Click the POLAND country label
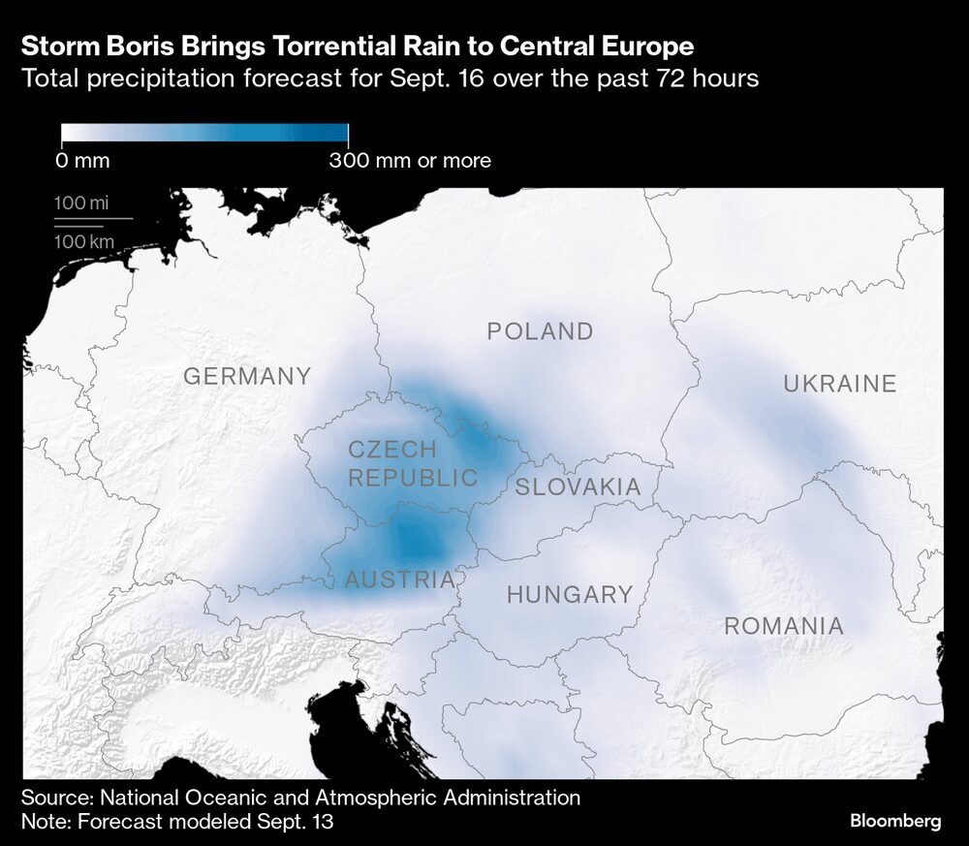point(540,331)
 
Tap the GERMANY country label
point(247,376)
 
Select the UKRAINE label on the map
point(839,384)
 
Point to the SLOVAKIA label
point(578,486)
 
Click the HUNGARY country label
point(569,594)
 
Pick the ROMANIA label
point(784,626)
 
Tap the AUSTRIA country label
point(399,580)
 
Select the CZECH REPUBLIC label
point(413,463)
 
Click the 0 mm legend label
point(82,161)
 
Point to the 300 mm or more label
point(410,161)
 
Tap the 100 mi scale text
point(81,204)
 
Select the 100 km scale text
point(83,242)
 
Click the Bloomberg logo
point(895,821)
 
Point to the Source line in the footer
point(300,799)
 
